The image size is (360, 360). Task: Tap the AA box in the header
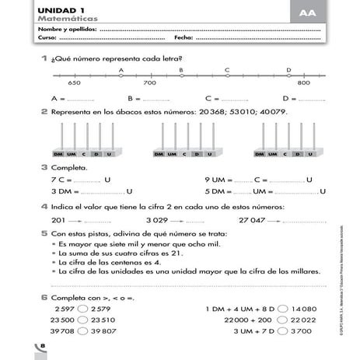tap(308, 12)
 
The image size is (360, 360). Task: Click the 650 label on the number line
tap(75, 82)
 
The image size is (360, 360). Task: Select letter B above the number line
tap(181, 69)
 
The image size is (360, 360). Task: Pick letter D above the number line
tap(288, 69)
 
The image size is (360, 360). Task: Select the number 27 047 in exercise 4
tap(252, 220)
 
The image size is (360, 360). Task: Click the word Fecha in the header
tap(183, 37)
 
